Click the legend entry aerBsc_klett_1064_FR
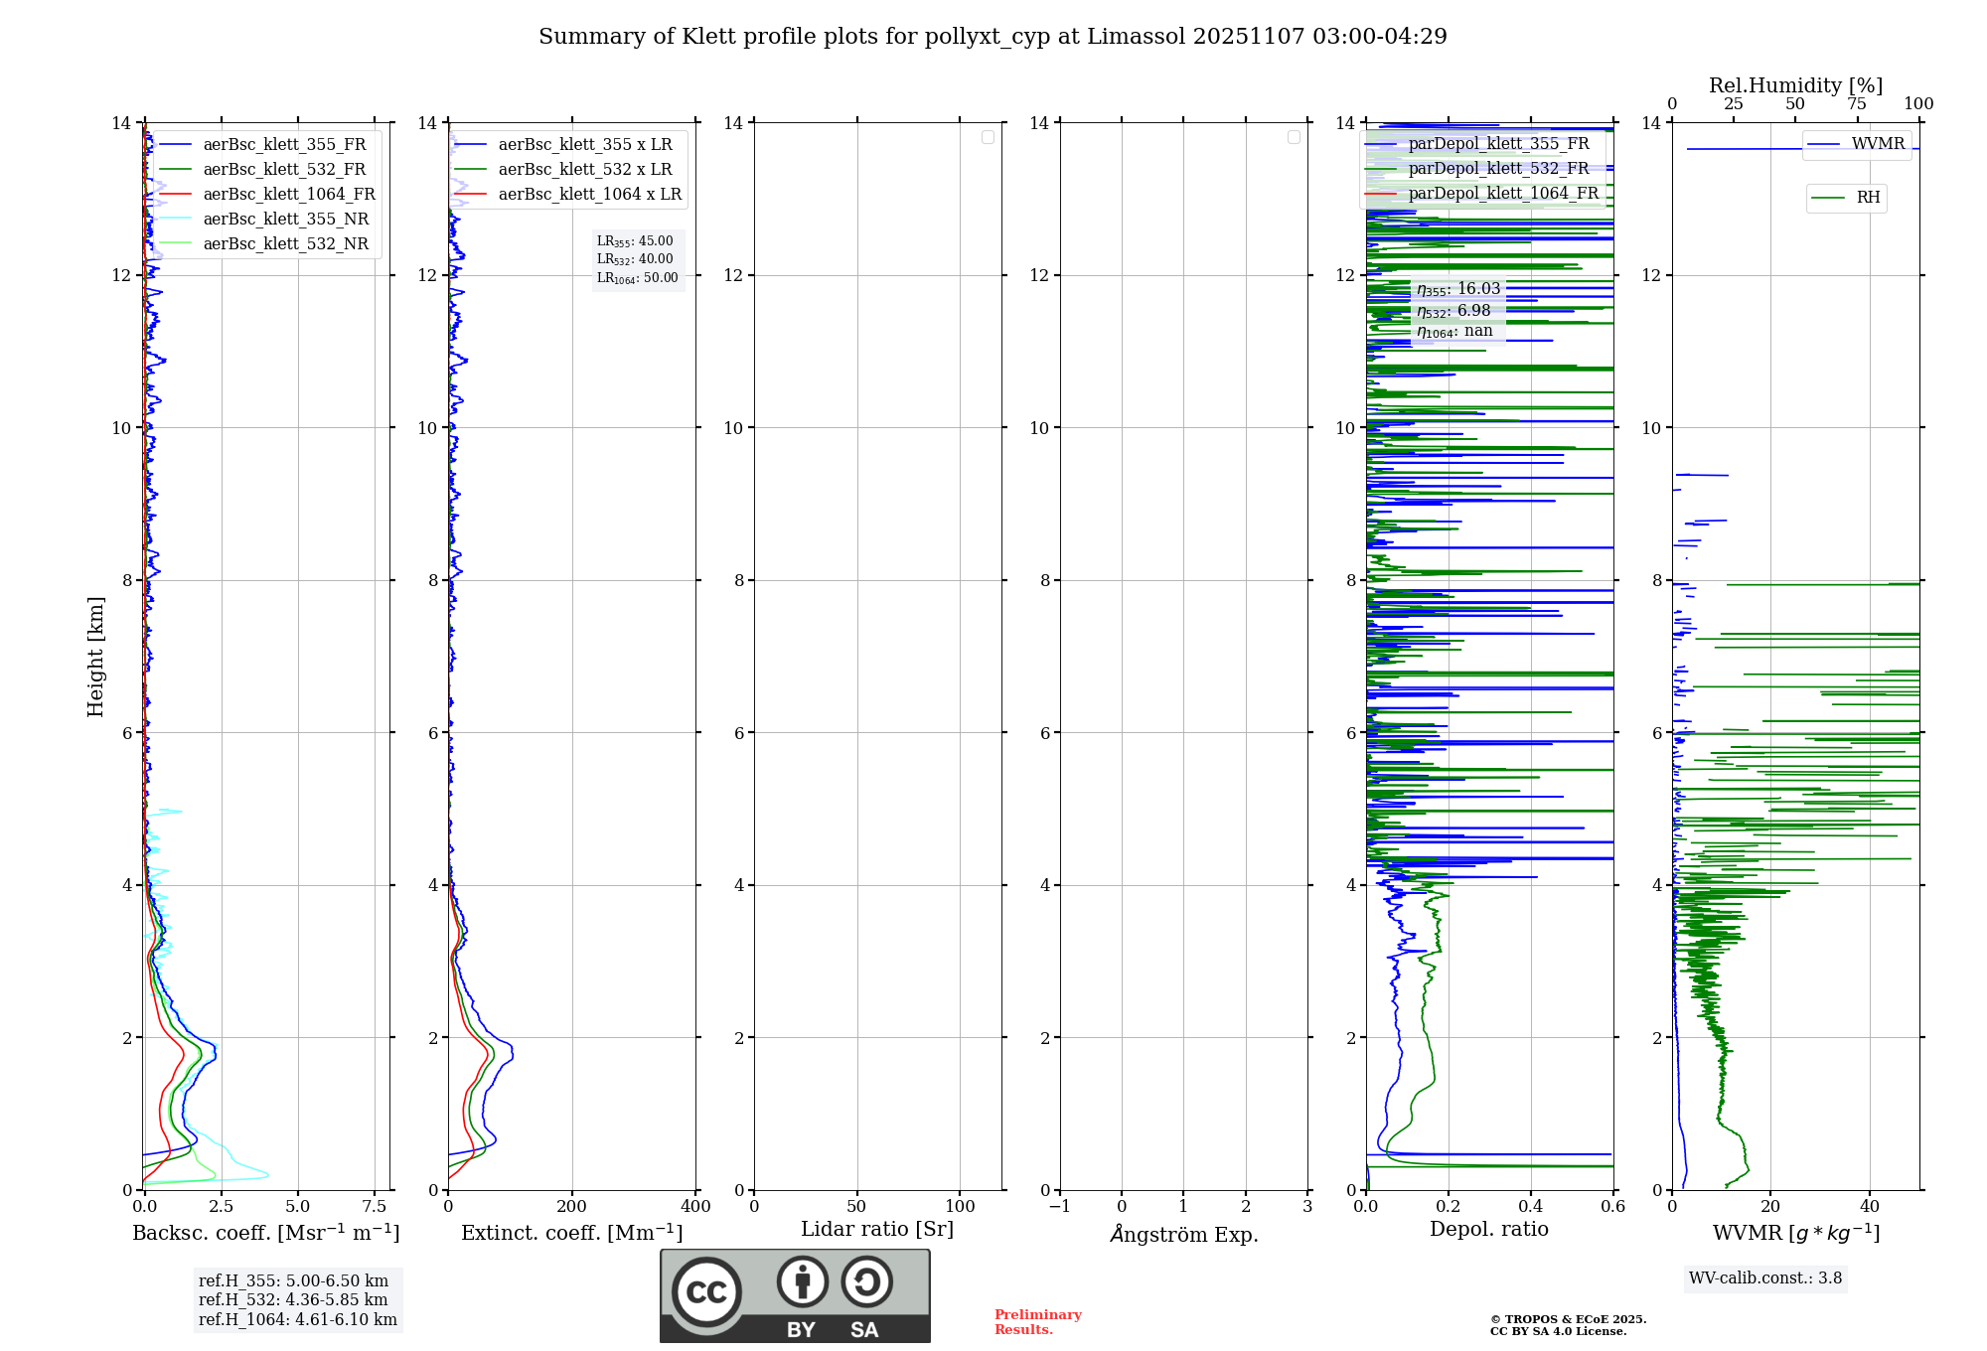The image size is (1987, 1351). (288, 194)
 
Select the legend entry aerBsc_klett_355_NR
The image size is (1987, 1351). (285, 219)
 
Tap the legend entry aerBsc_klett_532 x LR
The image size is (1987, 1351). (584, 169)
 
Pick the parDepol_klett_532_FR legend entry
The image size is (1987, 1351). (1498, 168)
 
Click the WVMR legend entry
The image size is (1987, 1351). (1878, 144)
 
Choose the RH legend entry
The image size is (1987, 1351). (1868, 198)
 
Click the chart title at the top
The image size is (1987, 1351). (993, 37)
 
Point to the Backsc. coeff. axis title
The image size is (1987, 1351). (266, 1233)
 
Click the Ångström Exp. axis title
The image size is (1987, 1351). (1184, 1234)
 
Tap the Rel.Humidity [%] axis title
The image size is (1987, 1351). (1795, 85)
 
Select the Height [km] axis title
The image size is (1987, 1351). (95, 657)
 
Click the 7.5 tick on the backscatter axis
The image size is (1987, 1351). (375, 1206)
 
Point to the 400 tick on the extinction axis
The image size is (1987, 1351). (695, 1206)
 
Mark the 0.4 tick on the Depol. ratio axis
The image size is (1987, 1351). (1531, 1206)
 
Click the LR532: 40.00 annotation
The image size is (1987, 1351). (635, 259)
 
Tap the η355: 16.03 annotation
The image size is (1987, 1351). (1458, 289)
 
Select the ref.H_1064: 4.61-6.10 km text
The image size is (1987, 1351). (297, 1319)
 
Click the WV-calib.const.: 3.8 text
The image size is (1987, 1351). (1765, 1278)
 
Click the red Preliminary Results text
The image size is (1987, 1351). (1037, 1322)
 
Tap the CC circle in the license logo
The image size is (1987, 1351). (706, 1292)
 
